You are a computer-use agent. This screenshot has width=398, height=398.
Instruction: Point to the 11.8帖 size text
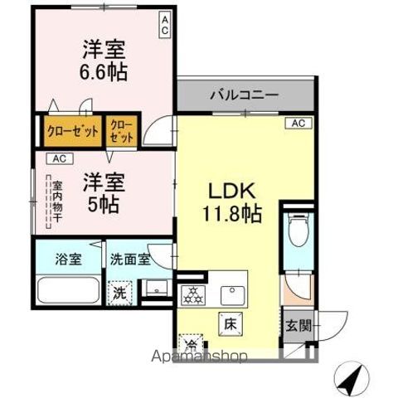pos(233,213)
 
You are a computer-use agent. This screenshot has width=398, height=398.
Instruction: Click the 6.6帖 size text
pos(104,71)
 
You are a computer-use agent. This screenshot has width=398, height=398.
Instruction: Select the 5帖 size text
pos(104,203)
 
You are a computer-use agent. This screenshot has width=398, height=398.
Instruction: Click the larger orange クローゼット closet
pos(72,131)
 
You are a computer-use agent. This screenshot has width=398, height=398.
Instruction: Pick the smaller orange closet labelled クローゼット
pos(122,131)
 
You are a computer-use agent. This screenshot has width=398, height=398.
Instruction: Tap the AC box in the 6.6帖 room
pos(165,24)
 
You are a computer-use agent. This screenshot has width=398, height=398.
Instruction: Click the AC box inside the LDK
pos(298,123)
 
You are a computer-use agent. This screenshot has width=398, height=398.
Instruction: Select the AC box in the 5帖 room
pos(59,158)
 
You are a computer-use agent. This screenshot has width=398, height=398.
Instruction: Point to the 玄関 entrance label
pos(297,325)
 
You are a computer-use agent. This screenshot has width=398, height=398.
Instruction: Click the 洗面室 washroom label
pos(130,259)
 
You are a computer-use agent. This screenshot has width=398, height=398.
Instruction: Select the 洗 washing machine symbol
pos(120,291)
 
